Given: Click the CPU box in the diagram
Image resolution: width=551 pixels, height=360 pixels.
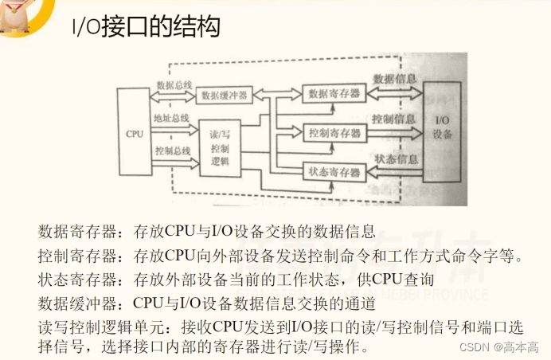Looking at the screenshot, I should (x=135, y=133).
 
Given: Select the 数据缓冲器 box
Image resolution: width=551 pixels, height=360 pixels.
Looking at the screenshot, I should (x=224, y=94).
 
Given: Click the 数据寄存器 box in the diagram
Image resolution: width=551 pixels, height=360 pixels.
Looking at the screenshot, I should (x=333, y=93).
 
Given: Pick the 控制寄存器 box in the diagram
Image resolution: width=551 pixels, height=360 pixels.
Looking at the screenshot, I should (x=334, y=132).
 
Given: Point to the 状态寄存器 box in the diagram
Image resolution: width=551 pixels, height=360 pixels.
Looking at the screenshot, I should (x=334, y=170).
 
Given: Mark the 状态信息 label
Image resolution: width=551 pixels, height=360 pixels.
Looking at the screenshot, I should (x=396, y=158).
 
